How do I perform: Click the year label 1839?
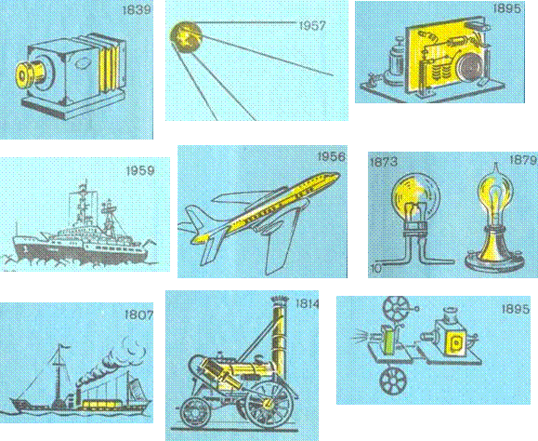click(x=137, y=9)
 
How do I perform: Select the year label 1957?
click(x=312, y=26)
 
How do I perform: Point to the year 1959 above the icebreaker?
click(x=140, y=170)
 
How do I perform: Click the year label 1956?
click(x=332, y=156)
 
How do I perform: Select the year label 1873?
click(x=384, y=162)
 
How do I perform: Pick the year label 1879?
click(x=523, y=160)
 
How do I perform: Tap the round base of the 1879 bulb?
click(x=494, y=263)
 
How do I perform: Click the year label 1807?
click(x=138, y=314)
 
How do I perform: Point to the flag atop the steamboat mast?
click(x=64, y=347)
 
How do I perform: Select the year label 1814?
click(x=308, y=303)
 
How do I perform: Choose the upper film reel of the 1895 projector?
click(x=396, y=308)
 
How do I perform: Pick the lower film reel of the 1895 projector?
click(x=392, y=381)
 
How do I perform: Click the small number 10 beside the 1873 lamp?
click(x=376, y=269)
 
